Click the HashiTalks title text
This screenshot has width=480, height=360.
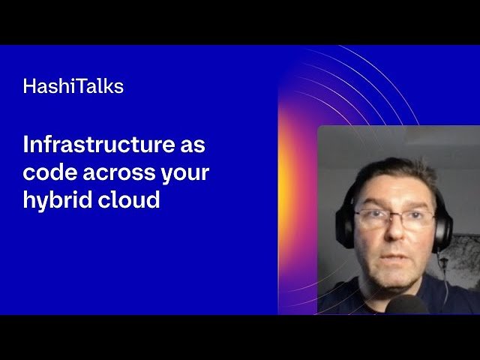tap(73, 86)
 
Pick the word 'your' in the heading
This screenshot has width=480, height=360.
tap(184, 172)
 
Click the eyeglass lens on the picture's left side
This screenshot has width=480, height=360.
tap(372, 218)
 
